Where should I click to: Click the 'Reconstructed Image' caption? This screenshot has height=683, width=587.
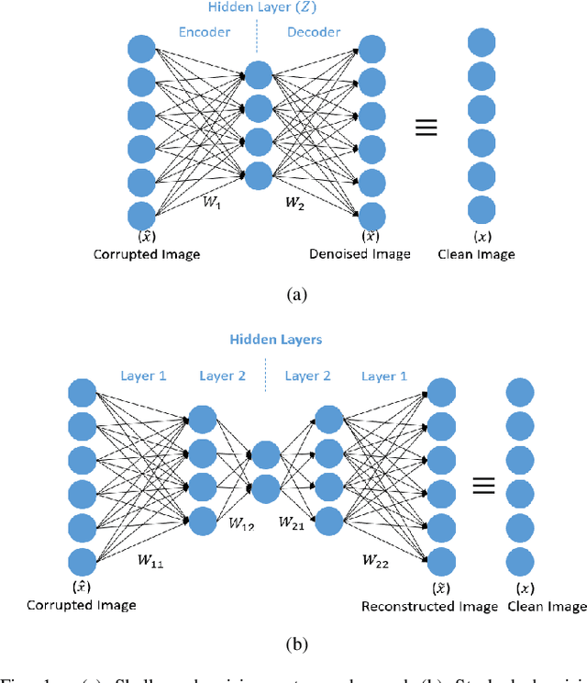429,606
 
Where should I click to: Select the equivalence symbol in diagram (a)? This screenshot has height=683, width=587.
426,129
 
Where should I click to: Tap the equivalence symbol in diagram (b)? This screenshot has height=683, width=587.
484,485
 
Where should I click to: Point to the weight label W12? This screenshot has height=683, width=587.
242,524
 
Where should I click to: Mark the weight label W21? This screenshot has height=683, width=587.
293,522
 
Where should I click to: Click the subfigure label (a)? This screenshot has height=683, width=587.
293,294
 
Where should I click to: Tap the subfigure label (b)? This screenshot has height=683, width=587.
293,644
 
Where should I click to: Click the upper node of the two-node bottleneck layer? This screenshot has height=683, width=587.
264,455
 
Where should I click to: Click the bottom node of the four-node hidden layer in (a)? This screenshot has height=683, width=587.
259,174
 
